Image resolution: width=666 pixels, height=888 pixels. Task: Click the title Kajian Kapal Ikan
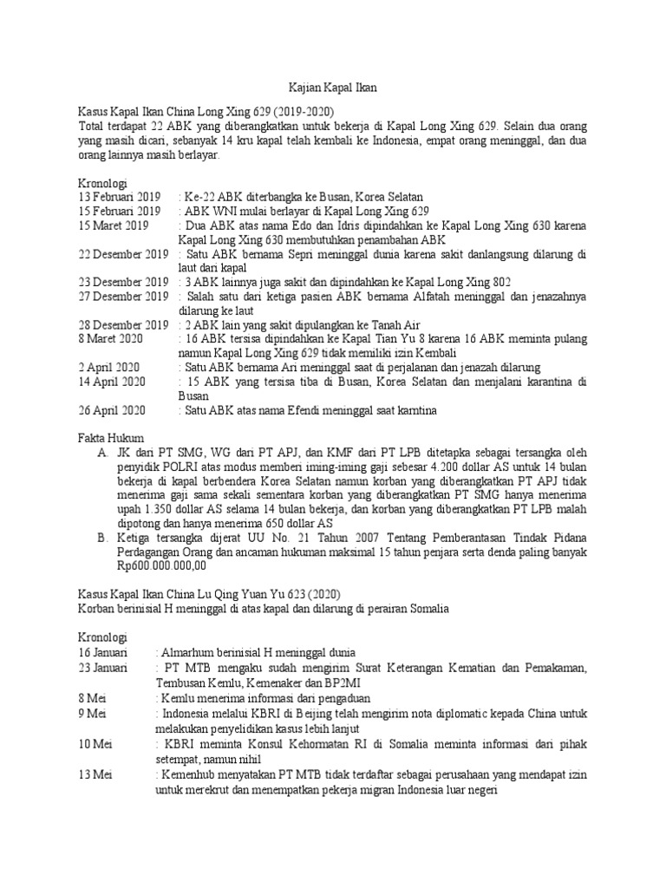coord(333,88)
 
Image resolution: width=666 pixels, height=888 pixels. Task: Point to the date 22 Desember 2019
coord(123,254)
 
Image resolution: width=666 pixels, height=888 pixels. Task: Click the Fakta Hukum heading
coord(111,438)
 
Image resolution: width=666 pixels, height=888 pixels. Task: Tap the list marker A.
coord(103,453)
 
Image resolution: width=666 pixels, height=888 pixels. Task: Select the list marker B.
coord(103,538)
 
